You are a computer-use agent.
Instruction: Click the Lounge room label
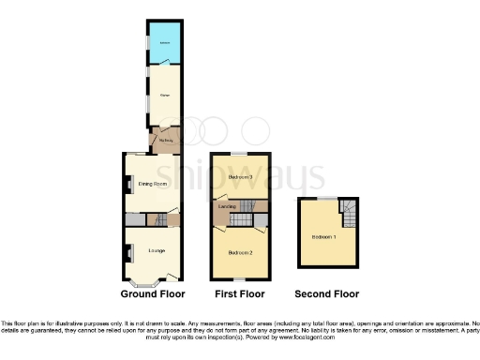[155, 249]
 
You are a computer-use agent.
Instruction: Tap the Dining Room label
[152, 186]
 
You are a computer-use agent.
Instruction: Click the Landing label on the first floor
[226, 205]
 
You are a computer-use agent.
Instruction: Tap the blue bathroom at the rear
[164, 42]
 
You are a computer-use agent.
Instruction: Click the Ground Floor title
[152, 294]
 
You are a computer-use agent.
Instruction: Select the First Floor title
[241, 294]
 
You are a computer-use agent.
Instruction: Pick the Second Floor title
[326, 294]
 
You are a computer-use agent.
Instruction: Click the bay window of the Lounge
[145, 284]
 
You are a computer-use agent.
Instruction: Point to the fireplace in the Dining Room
[128, 185]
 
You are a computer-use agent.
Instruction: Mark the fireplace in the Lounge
[128, 252]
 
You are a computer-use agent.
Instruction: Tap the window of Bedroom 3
[241, 152]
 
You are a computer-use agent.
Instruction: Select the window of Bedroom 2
[241, 280]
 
